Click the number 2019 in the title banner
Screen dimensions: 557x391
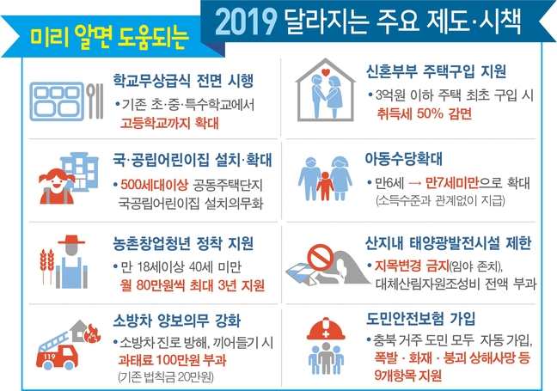[246, 21]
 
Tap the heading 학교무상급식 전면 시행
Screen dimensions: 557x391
[183, 81]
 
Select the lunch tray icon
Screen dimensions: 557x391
[57, 101]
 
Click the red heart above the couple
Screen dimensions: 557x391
[326, 72]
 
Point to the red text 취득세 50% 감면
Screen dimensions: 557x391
[424, 114]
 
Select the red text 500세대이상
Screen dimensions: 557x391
[154, 185]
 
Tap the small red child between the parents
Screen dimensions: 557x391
[325, 186]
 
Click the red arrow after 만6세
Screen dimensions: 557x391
[415, 183]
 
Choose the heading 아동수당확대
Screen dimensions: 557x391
[404, 159]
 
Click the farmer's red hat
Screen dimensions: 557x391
[71, 240]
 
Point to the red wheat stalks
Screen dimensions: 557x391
[47, 266]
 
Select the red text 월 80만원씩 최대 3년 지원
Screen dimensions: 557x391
[193, 285]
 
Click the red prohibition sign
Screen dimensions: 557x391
[321, 257]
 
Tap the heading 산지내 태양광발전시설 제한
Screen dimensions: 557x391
[449, 243]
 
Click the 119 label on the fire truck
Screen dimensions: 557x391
[49, 356]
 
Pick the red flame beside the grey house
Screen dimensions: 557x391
[93, 333]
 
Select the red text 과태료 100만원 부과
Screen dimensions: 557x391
[172, 360]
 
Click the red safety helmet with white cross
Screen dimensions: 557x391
[326, 329]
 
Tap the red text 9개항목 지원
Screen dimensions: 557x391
[407, 376]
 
